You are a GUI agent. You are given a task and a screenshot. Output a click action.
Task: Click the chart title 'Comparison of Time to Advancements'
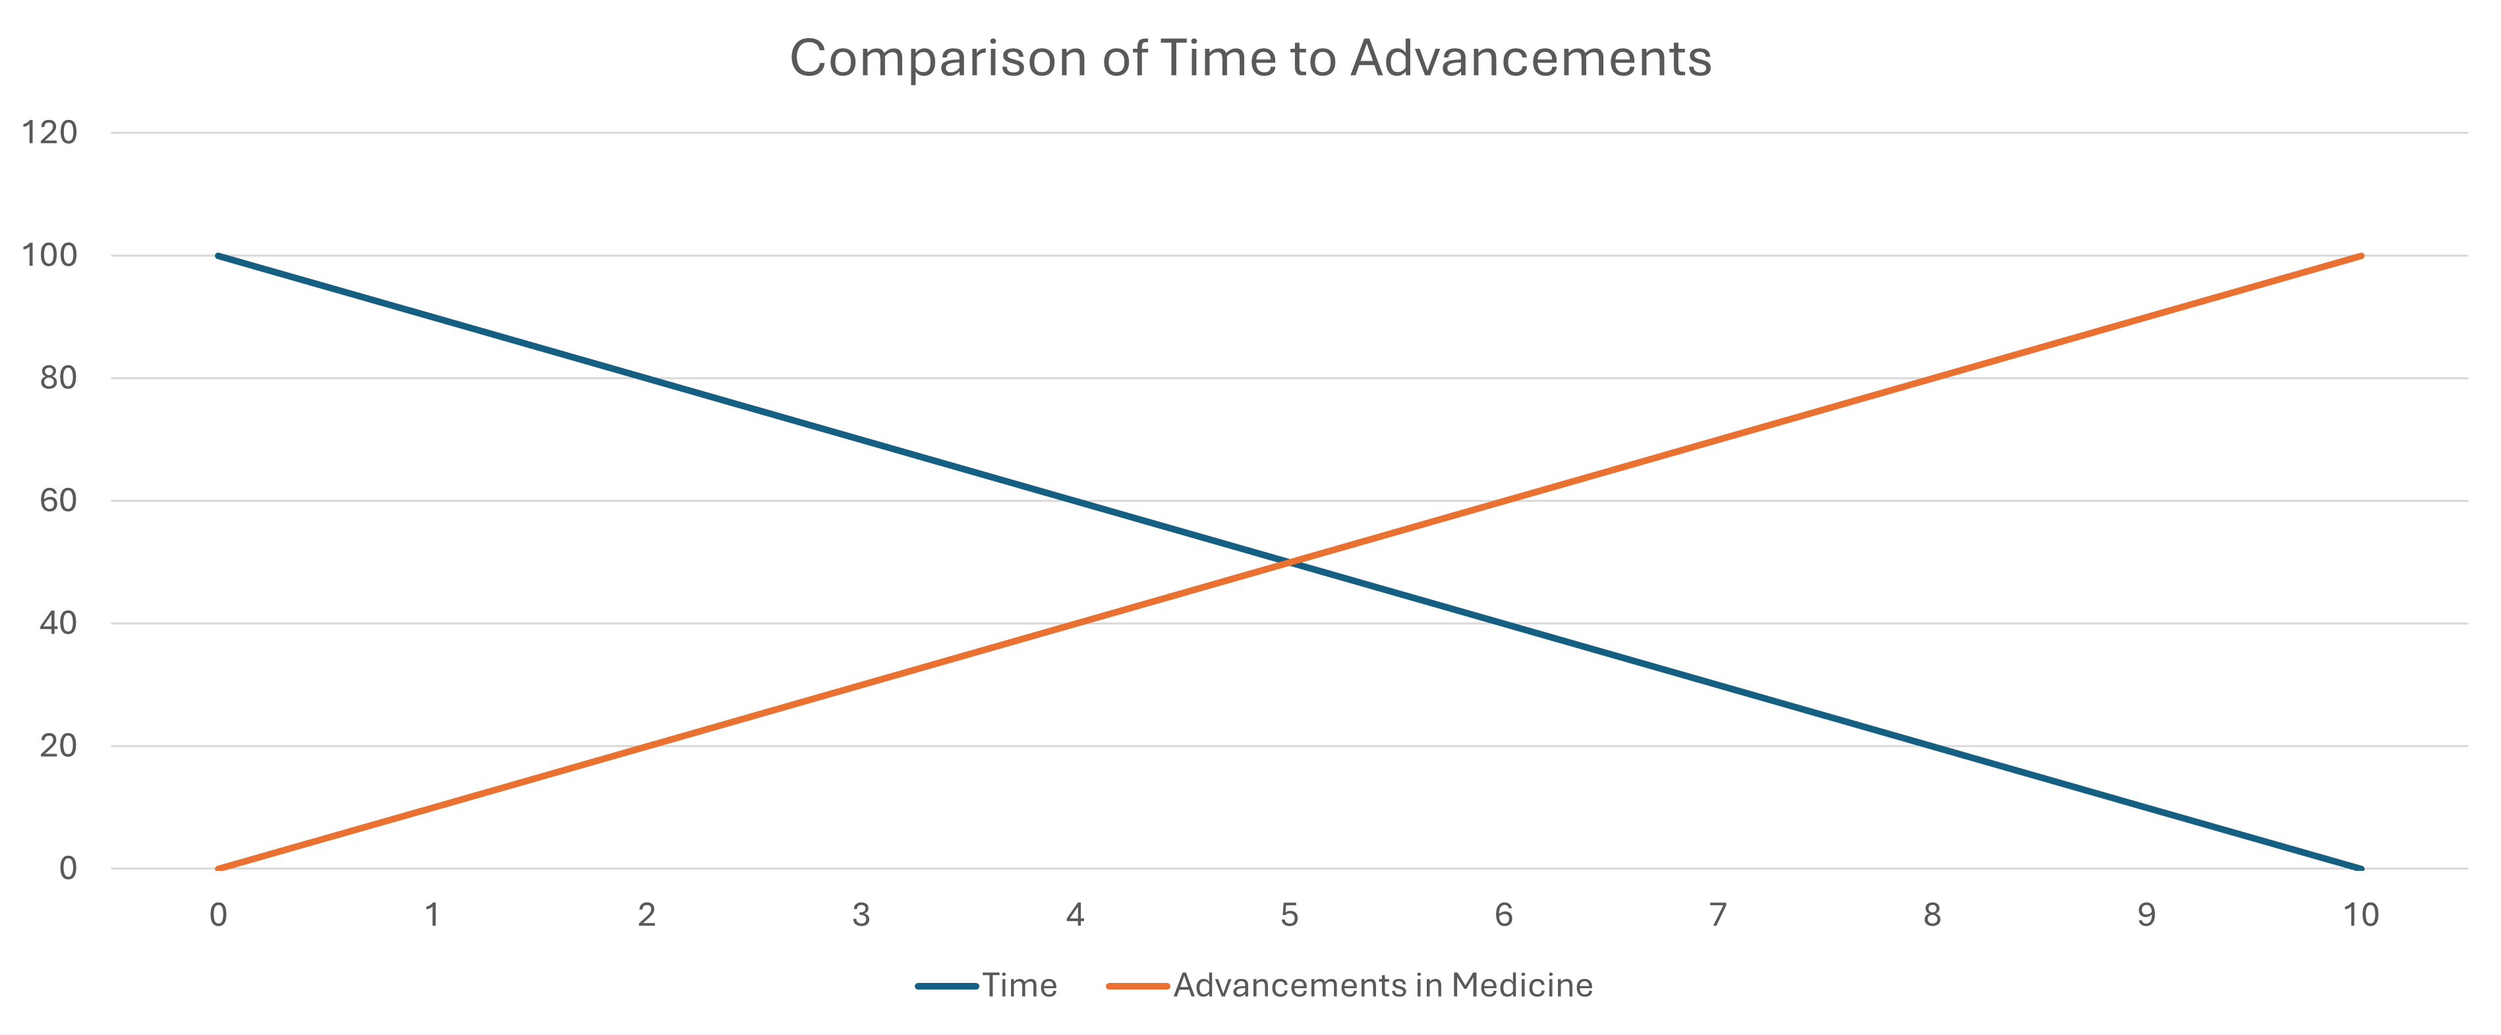[x=1251, y=58]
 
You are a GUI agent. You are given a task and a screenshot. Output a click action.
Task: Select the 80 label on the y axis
[x=58, y=378]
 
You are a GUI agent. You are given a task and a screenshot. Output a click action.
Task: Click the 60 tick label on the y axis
[x=58, y=501]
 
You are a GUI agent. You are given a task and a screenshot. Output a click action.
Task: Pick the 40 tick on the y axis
[x=58, y=624]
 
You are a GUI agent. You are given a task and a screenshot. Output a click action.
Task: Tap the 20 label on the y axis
[x=58, y=746]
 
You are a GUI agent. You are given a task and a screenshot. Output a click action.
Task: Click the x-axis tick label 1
[x=433, y=914]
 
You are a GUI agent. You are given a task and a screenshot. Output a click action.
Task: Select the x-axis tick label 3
[x=861, y=914]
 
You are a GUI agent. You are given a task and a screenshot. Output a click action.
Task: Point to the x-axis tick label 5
[x=1289, y=914]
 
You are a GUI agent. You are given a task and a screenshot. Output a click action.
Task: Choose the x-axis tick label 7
[x=1717, y=914]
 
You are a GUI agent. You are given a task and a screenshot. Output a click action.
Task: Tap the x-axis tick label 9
[x=2146, y=914]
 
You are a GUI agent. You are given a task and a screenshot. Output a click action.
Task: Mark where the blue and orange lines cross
[x=1289, y=562]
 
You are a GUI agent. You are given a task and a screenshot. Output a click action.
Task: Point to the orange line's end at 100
[x=2360, y=256]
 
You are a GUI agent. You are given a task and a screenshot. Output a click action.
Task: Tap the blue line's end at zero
[x=2360, y=868]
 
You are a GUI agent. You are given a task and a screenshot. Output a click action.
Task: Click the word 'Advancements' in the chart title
[x=1530, y=58]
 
